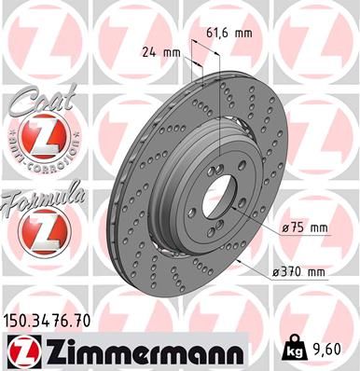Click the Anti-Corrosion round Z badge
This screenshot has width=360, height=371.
click(x=38, y=141)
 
